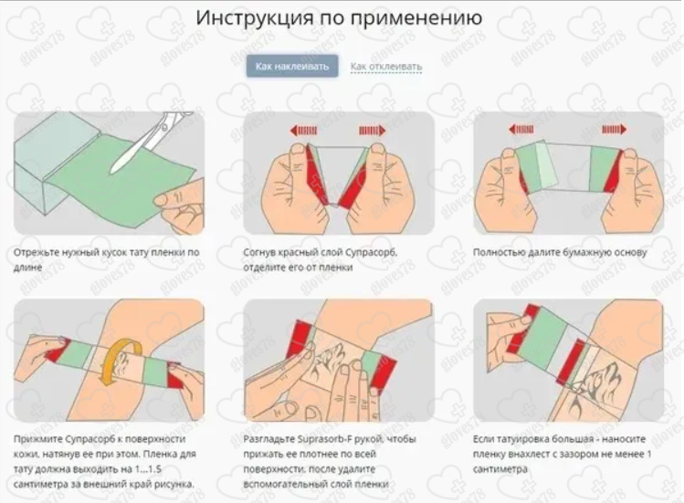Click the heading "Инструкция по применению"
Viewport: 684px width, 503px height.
click(x=339, y=18)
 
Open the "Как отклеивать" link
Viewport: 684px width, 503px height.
click(x=386, y=67)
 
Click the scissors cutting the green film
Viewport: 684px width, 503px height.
click(x=153, y=139)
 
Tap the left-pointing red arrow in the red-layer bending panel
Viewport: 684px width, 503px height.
click(x=303, y=130)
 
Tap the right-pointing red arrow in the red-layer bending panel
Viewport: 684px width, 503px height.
click(x=372, y=130)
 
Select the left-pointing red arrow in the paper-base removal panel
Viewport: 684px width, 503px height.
click(x=521, y=129)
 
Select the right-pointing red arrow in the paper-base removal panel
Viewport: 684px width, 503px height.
click(x=615, y=129)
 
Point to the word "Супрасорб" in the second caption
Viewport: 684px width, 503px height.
click(x=371, y=253)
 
